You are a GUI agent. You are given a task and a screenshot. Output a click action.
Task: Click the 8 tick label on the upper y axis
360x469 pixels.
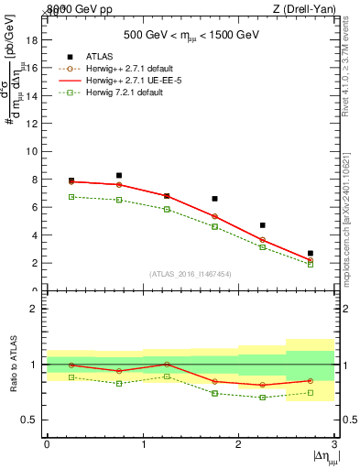36,180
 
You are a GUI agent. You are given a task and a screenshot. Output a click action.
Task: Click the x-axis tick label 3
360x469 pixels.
335,444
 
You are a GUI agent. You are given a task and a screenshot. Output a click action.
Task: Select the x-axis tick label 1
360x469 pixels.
143,444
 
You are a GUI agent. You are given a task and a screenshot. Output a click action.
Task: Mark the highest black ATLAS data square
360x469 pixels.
119,175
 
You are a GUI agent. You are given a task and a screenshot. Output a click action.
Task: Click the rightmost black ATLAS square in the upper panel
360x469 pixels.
311,253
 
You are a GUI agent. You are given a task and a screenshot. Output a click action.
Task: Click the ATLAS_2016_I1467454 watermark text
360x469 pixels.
190,274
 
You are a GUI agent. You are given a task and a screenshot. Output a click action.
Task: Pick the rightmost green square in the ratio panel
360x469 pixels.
311,393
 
